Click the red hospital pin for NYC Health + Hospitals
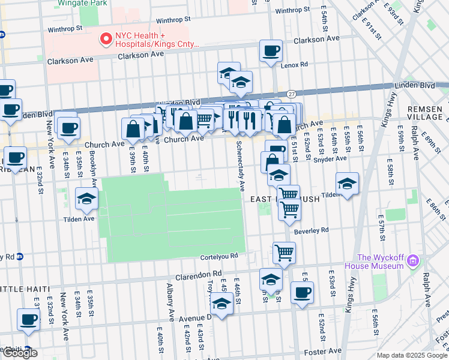coord(106,39)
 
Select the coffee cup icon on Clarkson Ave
coord(271,51)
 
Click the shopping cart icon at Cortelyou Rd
coord(284,253)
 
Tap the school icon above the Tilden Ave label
coord(87,199)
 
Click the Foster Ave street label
coord(325,350)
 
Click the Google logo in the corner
coord(19,353)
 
